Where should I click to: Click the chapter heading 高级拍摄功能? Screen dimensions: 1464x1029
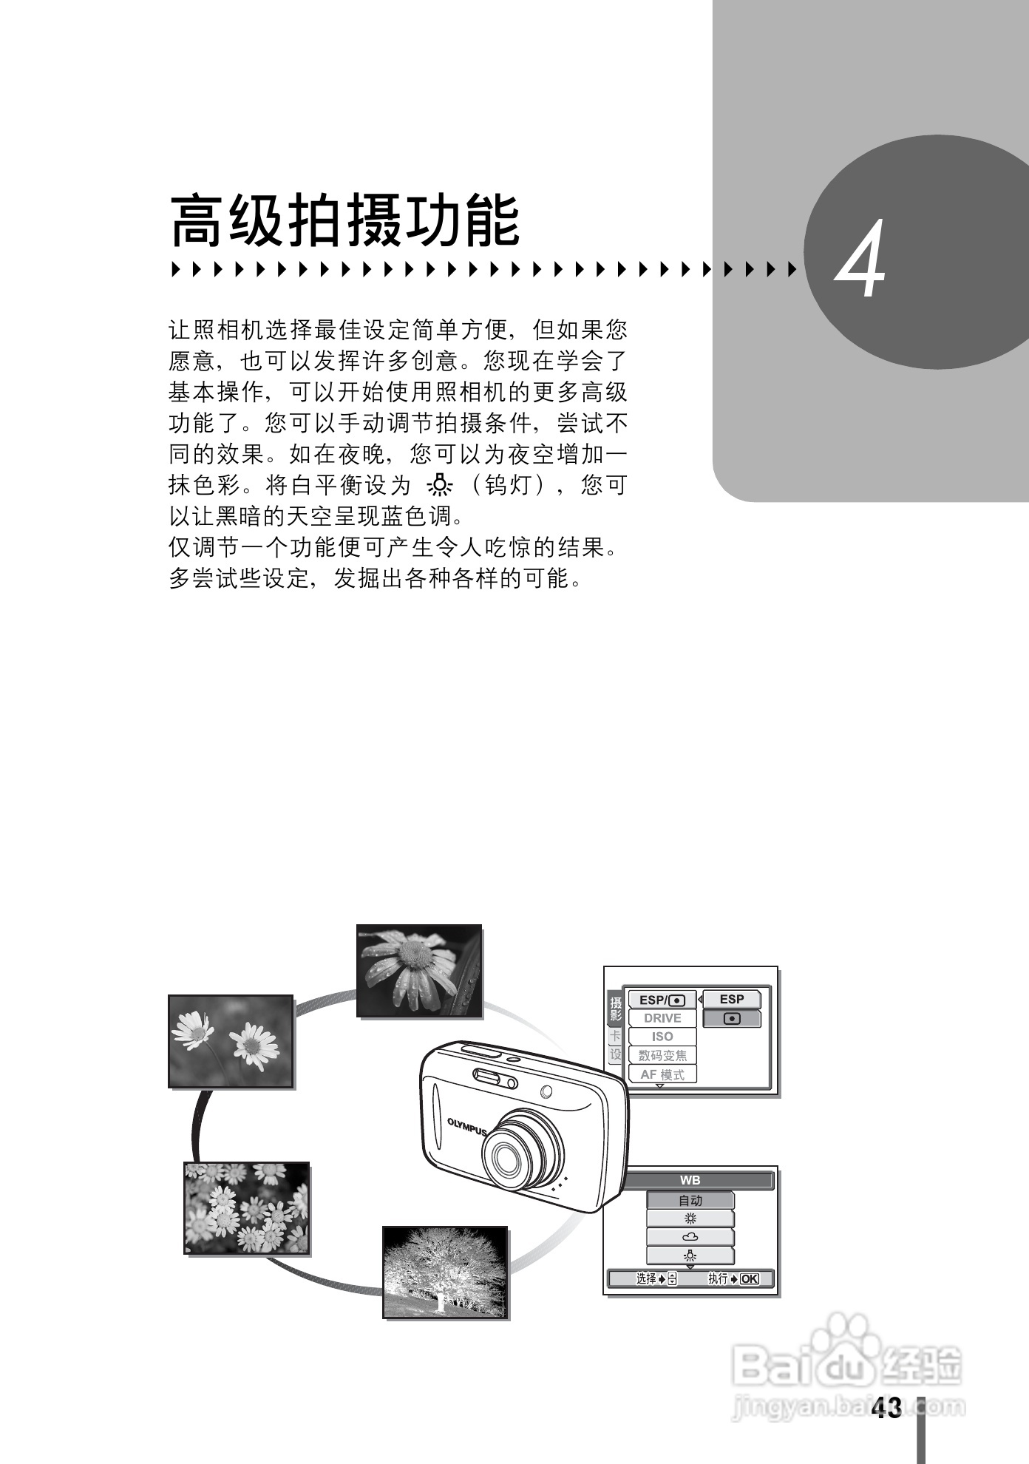(345, 222)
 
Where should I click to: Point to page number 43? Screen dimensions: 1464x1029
(887, 1408)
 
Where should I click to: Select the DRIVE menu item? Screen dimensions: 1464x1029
(662, 1018)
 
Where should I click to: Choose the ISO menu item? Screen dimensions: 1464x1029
(662, 1037)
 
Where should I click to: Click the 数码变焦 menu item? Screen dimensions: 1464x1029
(662, 1056)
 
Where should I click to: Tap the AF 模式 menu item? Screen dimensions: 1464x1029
(662, 1074)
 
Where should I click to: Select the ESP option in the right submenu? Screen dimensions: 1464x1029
(732, 999)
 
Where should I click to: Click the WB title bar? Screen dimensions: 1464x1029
(690, 1181)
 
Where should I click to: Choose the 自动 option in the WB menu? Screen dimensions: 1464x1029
(690, 1200)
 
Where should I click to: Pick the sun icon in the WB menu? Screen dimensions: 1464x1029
(690, 1219)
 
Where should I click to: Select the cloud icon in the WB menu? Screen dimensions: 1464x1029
(690, 1237)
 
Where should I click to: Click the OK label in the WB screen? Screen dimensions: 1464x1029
(749, 1278)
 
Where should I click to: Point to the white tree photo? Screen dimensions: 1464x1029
(445, 1272)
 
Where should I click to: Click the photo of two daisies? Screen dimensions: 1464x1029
(231, 1041)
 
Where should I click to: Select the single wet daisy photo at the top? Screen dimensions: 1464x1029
(419, 971)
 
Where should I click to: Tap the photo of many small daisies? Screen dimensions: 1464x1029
(246, 1207)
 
